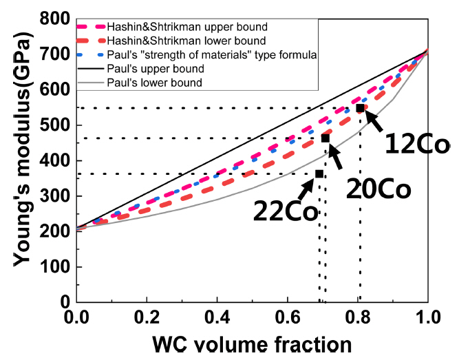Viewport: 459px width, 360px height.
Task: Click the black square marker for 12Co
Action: click(360, 108)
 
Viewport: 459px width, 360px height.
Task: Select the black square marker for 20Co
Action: click(325, 138)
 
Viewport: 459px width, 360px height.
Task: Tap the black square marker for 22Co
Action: click(319, 173)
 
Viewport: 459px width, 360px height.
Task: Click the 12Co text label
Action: click(417, 145)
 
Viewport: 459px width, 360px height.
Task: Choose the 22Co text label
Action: click(285, 209)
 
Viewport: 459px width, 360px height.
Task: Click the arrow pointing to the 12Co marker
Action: click(374, 121)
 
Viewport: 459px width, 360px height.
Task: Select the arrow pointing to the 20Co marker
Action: click(337, 156)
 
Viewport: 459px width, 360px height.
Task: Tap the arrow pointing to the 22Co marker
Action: click(306, 187)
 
